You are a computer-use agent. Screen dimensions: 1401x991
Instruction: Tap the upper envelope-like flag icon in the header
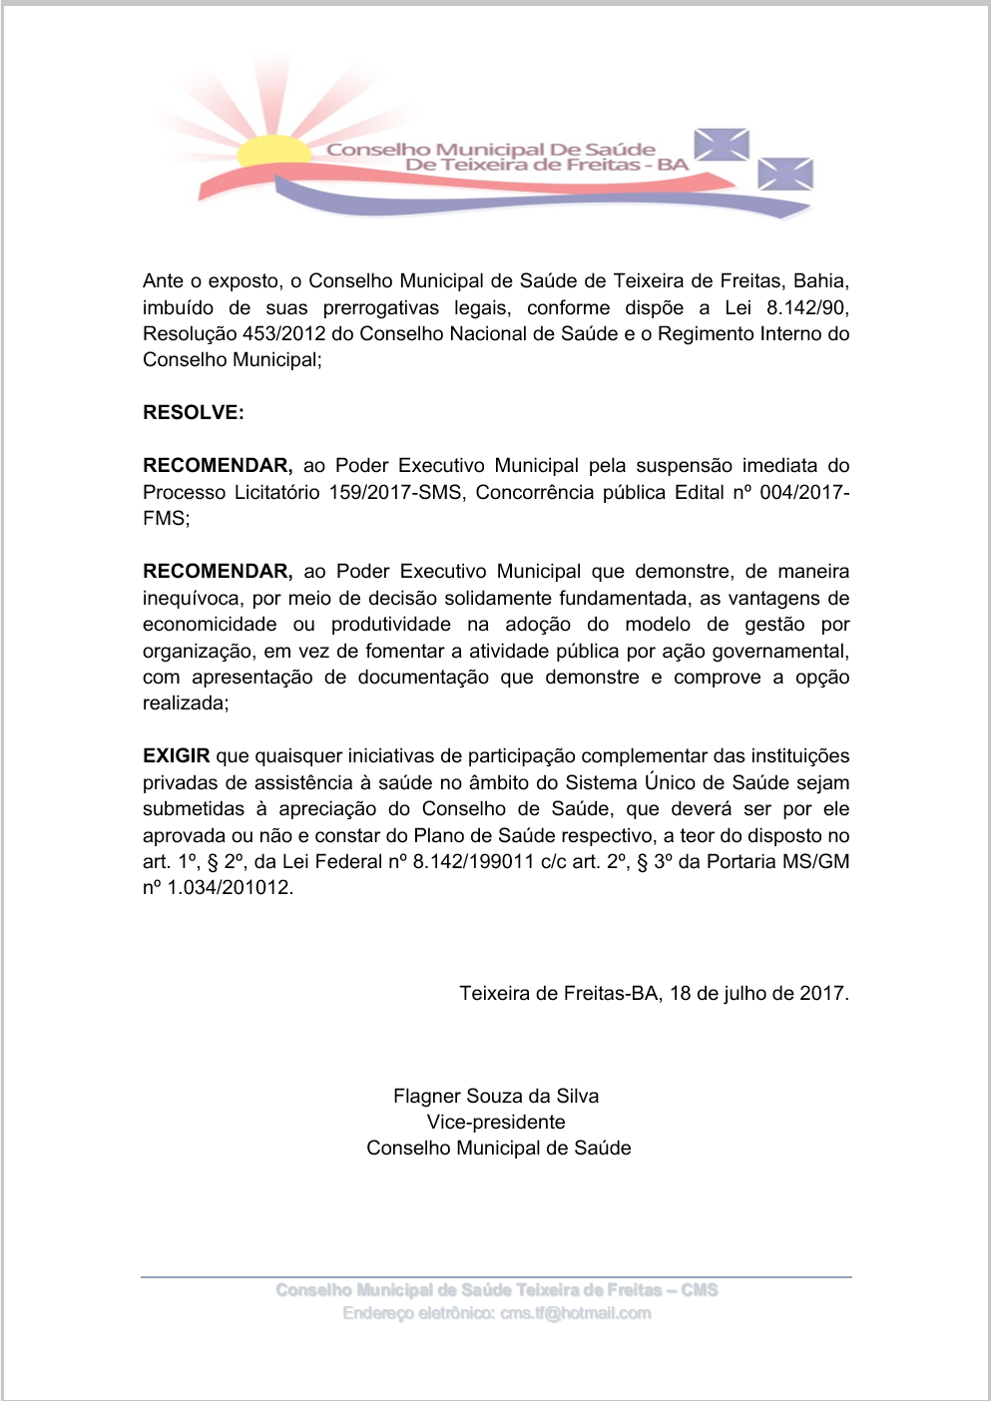[x=722, y=145]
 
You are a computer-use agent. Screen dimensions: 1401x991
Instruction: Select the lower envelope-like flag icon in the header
[x=785, y=174]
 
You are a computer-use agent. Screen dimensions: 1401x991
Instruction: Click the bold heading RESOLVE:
[x=194, y=413]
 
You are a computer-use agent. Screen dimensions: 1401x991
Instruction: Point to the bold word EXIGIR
[x=177, y=756]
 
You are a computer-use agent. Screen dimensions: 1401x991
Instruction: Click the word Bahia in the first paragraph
[x=820, y=281]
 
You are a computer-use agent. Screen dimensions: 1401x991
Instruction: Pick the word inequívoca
[x=192, y=598]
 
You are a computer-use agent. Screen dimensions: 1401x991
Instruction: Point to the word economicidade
[x=210, y=625]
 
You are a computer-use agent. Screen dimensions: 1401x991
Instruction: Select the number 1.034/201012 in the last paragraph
[x=229, y=888]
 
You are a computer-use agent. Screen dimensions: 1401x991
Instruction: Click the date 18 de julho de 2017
[x=759, y=994]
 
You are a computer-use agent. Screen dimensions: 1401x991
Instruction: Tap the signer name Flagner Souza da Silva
[x=496, y=1097]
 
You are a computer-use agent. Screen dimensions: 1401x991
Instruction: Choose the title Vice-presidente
[x=496, y=1123]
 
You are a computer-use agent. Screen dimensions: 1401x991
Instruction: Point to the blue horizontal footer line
[x=496, y=1276]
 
